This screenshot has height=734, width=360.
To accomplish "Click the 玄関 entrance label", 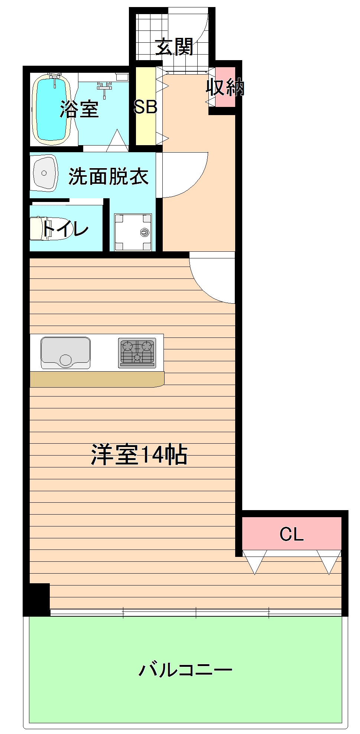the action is [x=174, y=47].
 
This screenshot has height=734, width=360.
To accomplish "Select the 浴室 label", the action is [x=79, y=109].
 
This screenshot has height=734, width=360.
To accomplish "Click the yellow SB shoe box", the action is [x=145, y=106].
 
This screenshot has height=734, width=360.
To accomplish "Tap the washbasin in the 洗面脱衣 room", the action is [x=45, y=173].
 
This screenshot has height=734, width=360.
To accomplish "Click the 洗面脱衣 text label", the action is [x=108, y=176].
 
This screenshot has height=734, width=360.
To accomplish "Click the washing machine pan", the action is [x=133, y=232].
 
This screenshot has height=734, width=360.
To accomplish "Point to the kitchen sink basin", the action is [x=65, y=352].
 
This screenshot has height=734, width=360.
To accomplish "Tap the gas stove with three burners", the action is [x=137, y=353].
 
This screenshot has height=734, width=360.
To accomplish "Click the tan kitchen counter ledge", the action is [x=97, y=379].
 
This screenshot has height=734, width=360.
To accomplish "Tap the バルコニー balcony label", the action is [x=185, y=669].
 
